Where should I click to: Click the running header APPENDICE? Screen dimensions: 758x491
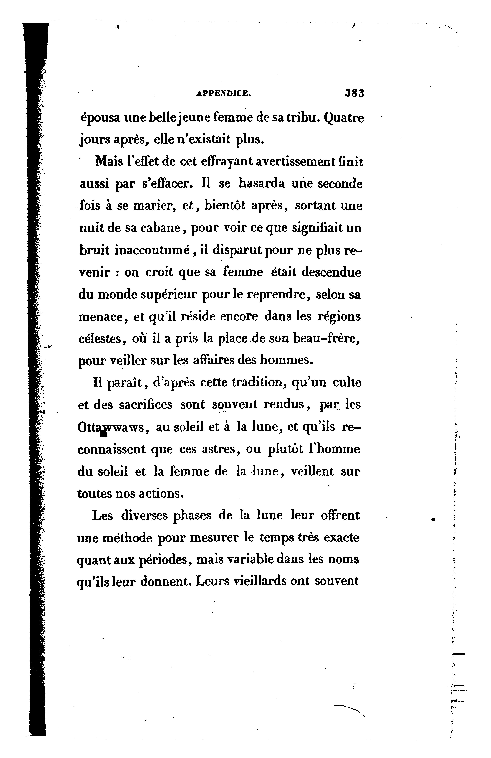(224, 93)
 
